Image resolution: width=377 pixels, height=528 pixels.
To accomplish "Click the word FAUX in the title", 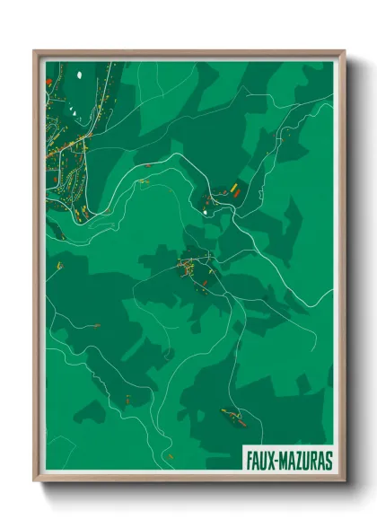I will (260, 461).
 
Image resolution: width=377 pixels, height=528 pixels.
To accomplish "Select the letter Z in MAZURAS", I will (295, 461).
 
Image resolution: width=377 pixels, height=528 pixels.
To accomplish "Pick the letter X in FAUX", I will (270, 461).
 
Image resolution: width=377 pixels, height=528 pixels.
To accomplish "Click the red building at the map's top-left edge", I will (48, 82).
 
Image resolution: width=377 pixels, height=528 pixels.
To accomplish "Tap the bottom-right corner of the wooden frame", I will (344, 481).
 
